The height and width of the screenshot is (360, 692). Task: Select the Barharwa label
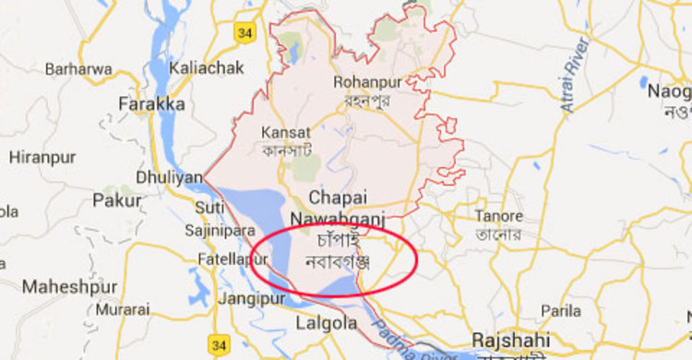(x=78, y=68)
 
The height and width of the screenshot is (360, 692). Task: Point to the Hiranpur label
(x=42, y=157)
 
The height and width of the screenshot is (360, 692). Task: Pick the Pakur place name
(x=117, y=199)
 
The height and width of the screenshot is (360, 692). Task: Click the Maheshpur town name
(x=70, y=287)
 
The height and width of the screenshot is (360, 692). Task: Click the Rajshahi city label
(x=511, y=338)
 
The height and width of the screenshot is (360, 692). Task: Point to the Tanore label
(x=498, y=215)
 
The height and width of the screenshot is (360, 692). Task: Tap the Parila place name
(x=561, y=309)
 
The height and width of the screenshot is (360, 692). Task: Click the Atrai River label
(x=579, y=82)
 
